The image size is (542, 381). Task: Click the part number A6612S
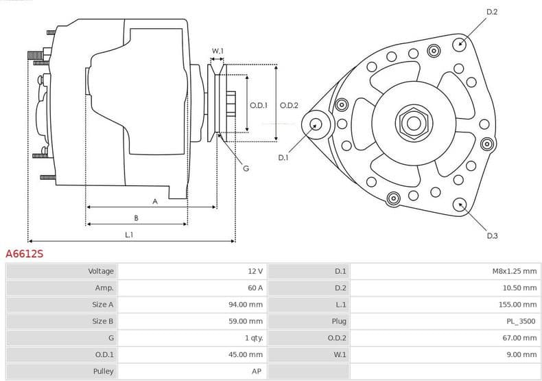click(x=25, y=253)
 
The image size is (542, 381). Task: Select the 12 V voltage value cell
click(x=255, y=271)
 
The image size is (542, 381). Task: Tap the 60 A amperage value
click(x=255, y=288)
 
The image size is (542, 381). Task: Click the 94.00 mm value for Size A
click(x=246, y=304)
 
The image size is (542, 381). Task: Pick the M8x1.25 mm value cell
click(x=515, y=271)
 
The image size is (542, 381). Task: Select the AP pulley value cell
click(x=257, y=371)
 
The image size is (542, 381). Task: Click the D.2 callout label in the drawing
click(x=491, y=12)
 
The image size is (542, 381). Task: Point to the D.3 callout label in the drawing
click(x=492, y=235)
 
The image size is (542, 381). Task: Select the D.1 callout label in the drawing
click(x=283, y=158)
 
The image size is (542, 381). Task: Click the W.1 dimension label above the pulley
click(x=217, y=51)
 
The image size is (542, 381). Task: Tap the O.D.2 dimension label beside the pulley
click(x=289, y=105)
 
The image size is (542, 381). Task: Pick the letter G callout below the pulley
click(x=246, y=168)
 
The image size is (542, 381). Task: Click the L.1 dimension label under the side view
click(x=129, y=234)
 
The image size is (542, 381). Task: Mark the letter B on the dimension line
click(x=136, y=218)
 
